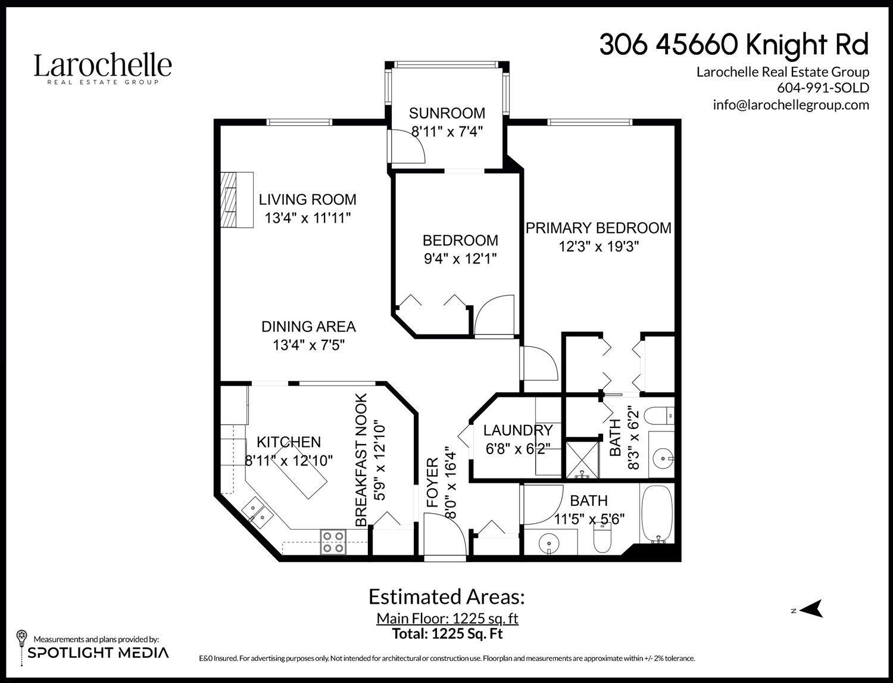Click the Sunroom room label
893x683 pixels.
447,113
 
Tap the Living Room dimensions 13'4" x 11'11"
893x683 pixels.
307,218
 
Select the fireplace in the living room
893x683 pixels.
236,200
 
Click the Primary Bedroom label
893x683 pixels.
598,228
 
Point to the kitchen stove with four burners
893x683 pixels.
333,542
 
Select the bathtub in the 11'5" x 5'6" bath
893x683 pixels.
656,513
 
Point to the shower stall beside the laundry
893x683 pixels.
581,459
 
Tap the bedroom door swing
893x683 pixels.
494,316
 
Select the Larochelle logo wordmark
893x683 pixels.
102,67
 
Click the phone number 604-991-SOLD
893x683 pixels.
823,88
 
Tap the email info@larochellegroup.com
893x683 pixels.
791,105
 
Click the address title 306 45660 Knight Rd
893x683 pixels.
733,45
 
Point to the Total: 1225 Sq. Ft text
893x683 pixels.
447,634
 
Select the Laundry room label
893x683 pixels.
517,430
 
